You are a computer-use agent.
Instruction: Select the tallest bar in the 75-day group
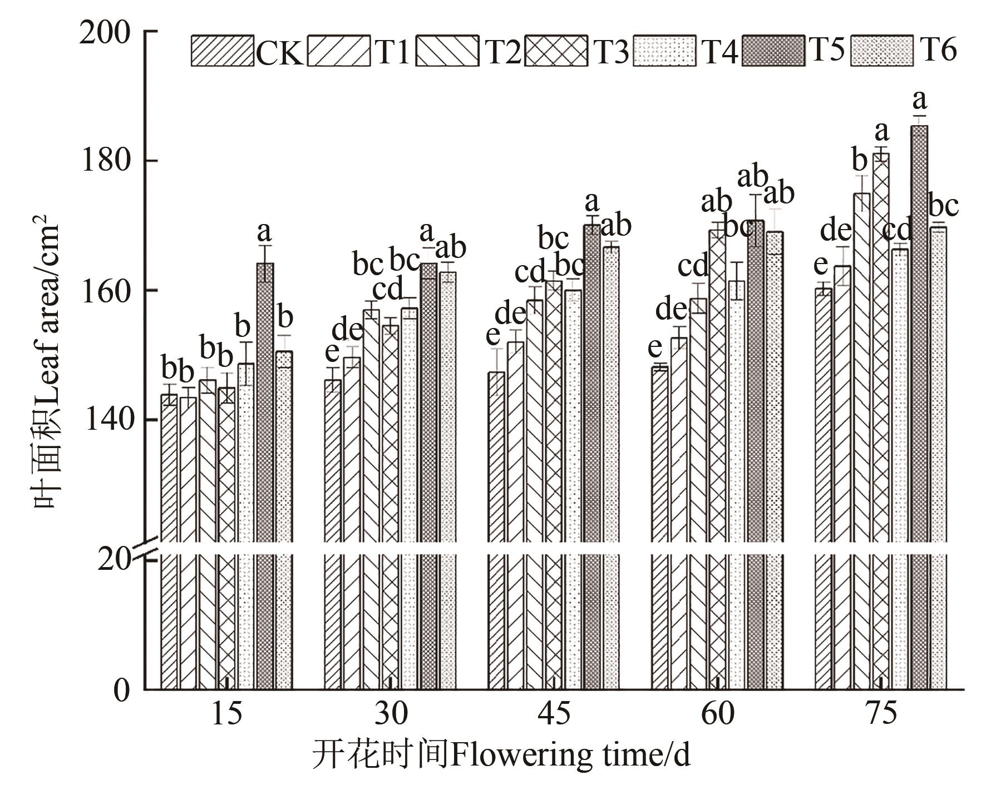click(919, 389)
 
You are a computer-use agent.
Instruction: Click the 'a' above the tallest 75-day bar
click(920, 101)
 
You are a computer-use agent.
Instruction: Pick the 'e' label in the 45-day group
click(493, 335)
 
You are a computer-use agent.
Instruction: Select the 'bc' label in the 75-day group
click(944, 206)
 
